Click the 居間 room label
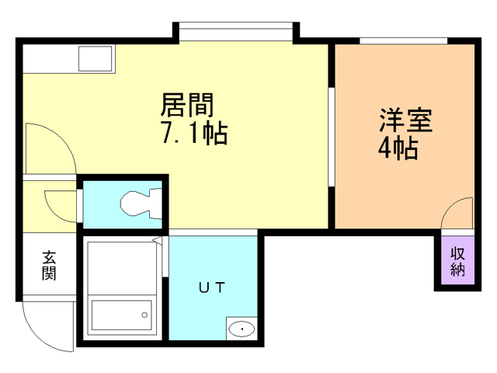187,103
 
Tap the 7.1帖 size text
193,133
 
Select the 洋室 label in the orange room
405,121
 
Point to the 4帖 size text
398,148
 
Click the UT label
211,288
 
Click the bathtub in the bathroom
121,315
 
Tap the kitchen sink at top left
96,58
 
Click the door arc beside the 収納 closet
457,214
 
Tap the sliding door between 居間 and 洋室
332,137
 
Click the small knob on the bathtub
144,314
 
